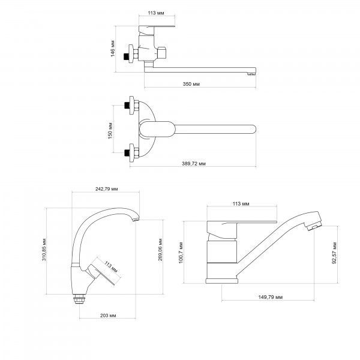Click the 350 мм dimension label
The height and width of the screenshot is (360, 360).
191,84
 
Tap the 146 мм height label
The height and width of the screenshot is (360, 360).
113,49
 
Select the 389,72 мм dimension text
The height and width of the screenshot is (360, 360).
194,163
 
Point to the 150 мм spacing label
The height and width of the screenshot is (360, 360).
110,131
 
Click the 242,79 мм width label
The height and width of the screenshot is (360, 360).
107,189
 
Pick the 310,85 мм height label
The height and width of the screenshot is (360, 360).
44,250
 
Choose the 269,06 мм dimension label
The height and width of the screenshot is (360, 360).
160,250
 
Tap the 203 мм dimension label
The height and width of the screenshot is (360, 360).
108,316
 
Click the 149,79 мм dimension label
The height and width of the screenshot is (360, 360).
271,297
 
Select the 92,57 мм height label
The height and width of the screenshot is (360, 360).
334,253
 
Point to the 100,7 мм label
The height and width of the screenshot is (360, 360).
181,253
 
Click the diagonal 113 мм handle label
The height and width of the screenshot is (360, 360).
111,267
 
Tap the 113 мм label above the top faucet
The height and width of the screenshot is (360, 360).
156,13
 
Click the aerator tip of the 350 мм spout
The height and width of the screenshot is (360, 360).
251,74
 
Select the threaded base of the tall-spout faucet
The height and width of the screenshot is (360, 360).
79,299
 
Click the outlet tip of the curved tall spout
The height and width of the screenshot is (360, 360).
136,220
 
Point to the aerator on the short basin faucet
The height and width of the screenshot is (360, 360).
314,227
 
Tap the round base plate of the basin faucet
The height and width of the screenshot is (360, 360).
222,281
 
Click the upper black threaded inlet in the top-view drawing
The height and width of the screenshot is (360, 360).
127,106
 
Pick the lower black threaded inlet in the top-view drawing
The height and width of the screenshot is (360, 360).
127,152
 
